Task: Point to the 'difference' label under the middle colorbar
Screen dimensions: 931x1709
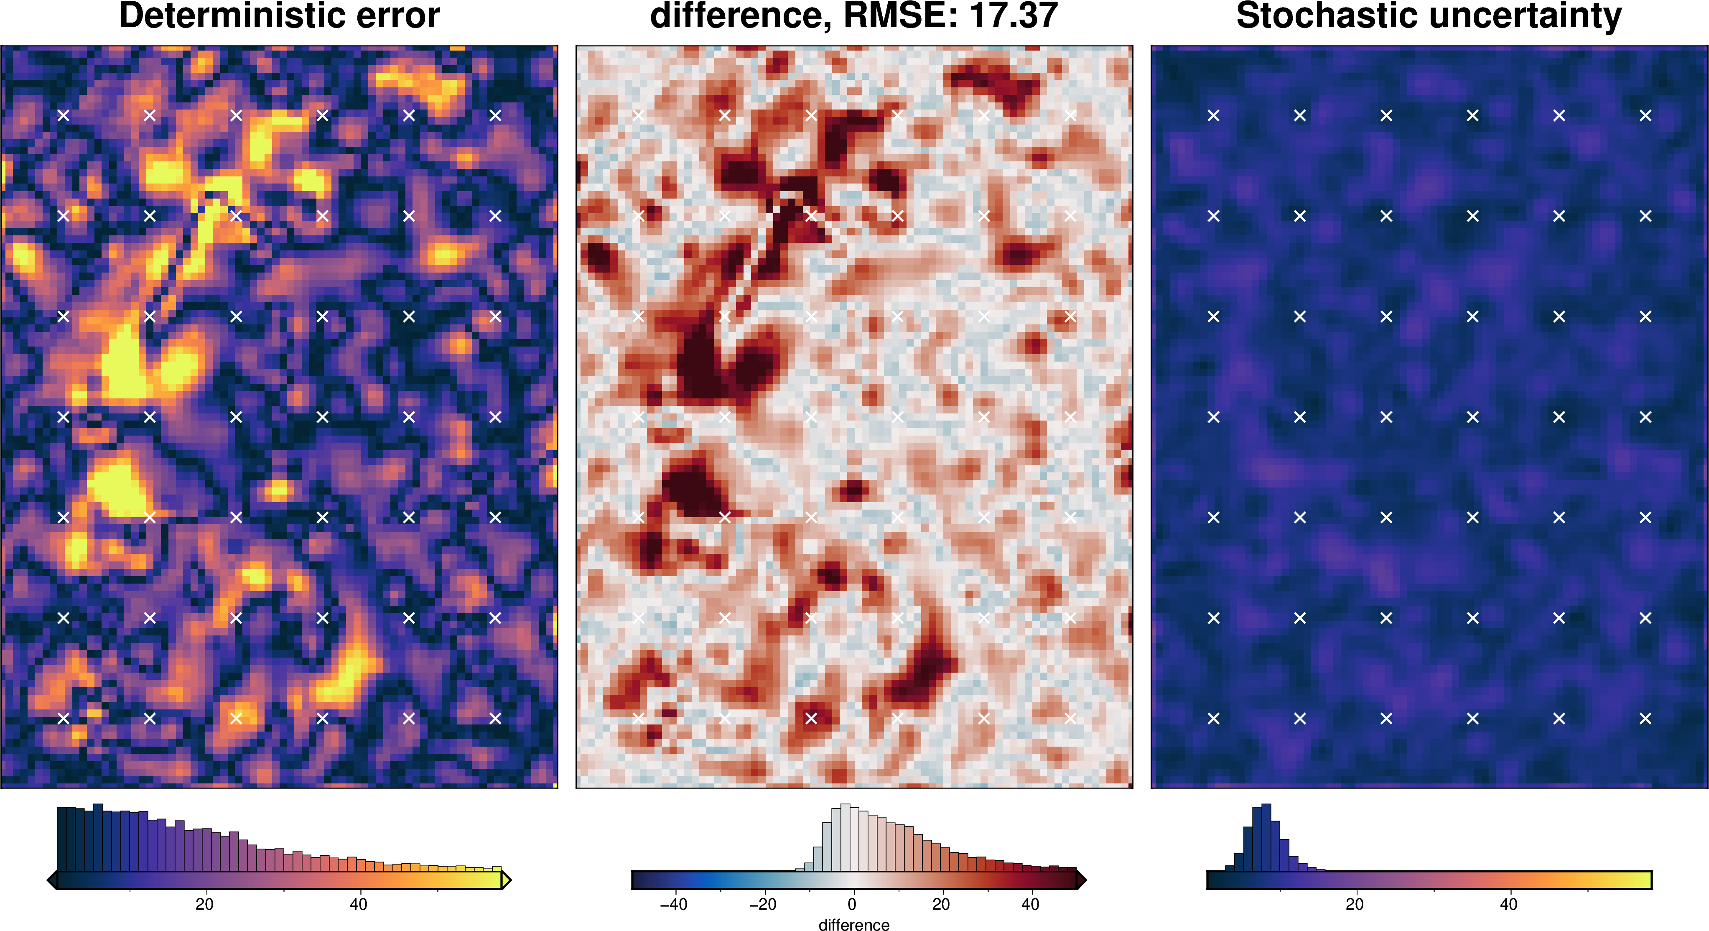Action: tap(854, 924)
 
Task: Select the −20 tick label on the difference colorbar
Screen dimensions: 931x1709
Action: tap(762, 904)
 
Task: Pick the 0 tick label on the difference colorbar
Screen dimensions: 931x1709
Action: tap(852, 904)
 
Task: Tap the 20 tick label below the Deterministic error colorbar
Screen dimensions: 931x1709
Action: tap(204, 904)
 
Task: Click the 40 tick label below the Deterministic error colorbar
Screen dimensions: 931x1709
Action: tap(358, 904)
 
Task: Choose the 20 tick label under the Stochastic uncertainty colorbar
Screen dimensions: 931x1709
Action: tap(1355, 904)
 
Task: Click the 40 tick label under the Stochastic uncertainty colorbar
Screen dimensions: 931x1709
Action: tap(1509, 904)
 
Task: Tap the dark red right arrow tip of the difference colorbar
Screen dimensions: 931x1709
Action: tap(1081, 880)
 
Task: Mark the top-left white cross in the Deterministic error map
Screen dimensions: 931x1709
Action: tap(63, 115)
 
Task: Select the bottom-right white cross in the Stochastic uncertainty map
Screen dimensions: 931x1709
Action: tap(1645, 718)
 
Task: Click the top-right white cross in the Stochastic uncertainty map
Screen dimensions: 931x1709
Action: tap(1645, 115)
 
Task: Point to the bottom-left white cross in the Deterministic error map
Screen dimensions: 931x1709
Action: tap(63, 718)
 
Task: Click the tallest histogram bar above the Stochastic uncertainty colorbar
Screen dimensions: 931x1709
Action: tap(1266, 837)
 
